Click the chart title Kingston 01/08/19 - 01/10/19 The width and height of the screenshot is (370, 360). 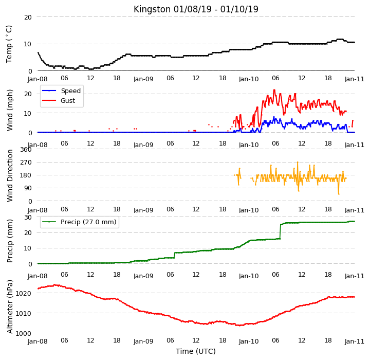pyautogui.click(x=196, y=9)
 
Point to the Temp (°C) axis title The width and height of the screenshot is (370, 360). pyautogui.click(x=9, y=44)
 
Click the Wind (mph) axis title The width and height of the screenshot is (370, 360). pyautogui.click(x=10, y=110)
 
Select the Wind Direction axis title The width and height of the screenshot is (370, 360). pyautogui.click(x=10, y=175)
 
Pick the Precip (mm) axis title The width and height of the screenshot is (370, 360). pyautogui.click(x=10, y=241)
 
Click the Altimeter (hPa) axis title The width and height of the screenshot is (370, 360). pyautogui.click(x=10, y=307)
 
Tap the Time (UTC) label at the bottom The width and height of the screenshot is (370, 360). pyautogui.click(x=196, y=351)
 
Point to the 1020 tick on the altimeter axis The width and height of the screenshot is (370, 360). pyautogui.click(x=23, y=293)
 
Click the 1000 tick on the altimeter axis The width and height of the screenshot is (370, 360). pyautogui.click(x=23, y=334)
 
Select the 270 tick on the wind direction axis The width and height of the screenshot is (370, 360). pyautogui.click(x=26, y=163)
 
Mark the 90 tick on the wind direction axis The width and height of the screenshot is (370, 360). pyautogui.click(x=28, y=188)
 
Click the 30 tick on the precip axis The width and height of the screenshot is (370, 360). pyautogui.click(x=28, y=218)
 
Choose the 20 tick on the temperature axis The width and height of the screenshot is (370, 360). pyautogui.click(x=28, y=17)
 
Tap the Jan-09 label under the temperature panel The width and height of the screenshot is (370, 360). pyautogui.click(x=143, y=79)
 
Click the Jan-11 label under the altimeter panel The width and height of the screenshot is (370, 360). pyautogui.click(x=355, y=341)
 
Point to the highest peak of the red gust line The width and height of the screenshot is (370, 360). pyautogui.click(x=274, y=90)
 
